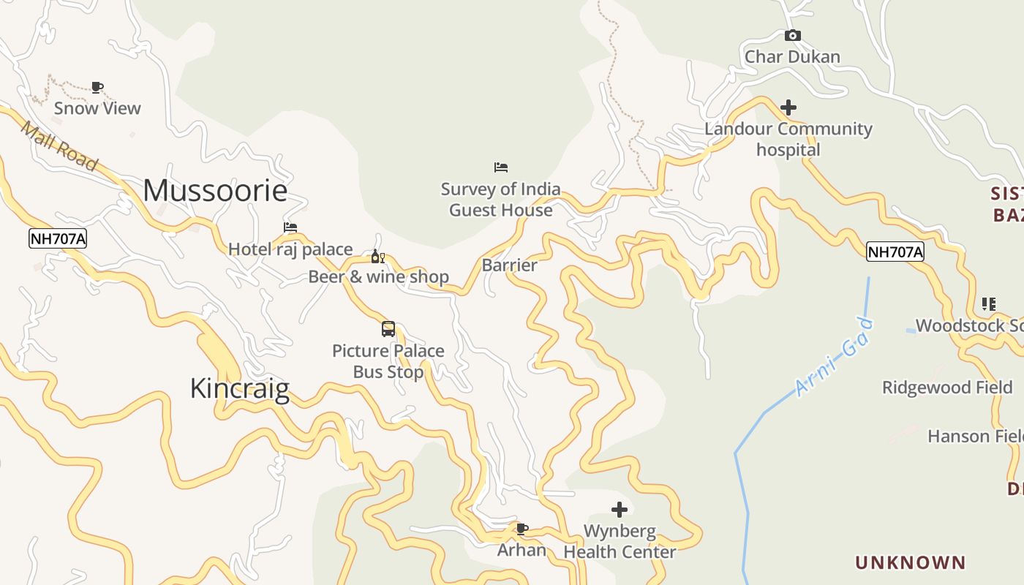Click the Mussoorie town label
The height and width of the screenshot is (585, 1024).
(x=215, y=190)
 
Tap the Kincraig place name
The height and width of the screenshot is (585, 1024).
(x=240, y=388)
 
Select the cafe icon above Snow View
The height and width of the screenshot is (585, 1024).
(x=97, y=88)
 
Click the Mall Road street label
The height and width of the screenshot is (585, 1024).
(x=59, y=147)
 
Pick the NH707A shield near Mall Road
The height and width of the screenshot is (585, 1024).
(x=58, y=238)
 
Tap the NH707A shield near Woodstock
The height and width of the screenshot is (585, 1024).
(x=895, y=252)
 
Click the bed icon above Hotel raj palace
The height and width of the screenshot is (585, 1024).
(x=290, y=227)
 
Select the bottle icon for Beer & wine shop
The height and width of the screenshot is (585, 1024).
(x=377, y=256)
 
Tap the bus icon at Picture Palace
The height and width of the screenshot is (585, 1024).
(x=388, y=329)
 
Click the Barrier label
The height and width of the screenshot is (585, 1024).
(x=509, y=265)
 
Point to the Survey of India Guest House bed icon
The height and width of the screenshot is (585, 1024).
(x=501, y=167)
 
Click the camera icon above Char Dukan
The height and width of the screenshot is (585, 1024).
(x=792, y=35)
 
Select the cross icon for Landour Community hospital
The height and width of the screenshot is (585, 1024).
(x=788, y=107)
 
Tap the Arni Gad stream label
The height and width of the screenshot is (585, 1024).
(x=835, y=357)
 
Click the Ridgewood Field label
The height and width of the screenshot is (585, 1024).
(x=946, y=388)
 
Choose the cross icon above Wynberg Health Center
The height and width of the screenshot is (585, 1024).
(x=620, y=509)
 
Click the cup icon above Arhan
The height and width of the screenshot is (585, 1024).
(x=522, y=528)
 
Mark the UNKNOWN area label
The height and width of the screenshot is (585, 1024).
(x=911, y=562)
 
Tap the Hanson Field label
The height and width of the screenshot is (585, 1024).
(x=975, y=437)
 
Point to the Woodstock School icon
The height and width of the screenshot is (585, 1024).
(x=988, y=304)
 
